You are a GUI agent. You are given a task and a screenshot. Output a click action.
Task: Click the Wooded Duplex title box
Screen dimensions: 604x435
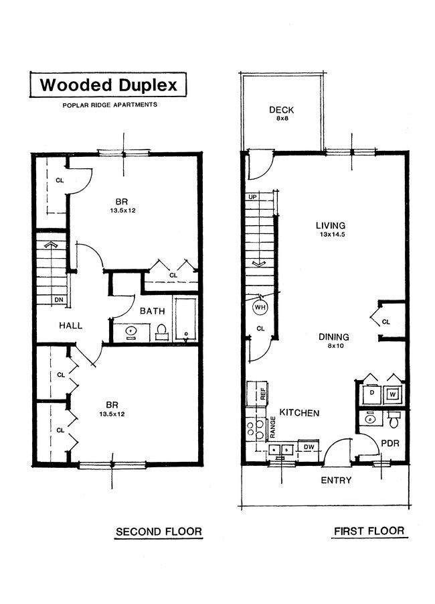[108, 86]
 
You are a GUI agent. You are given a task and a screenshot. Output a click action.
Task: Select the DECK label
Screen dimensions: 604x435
[282, 111]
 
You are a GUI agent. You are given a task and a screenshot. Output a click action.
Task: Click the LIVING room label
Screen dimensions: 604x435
[331, 225]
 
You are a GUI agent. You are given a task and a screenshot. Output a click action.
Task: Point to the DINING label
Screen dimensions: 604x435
[334, 337]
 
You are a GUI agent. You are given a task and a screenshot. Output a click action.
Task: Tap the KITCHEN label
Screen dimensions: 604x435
[299, 413]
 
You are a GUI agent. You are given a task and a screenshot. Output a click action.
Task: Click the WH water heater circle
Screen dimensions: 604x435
[259, 308]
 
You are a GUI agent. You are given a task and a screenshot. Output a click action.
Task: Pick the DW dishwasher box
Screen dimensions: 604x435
[310, 447]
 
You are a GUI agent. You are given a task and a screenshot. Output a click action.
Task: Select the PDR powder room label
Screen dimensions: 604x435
[389, 443]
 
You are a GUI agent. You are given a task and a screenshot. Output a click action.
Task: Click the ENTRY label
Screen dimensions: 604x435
[336, 481]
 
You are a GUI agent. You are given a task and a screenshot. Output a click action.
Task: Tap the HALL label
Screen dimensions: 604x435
[70, 326]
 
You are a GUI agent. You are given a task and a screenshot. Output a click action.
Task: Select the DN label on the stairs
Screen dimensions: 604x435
[59, 299]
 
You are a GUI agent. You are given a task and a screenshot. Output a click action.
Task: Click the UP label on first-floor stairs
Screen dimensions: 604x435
[253, 197]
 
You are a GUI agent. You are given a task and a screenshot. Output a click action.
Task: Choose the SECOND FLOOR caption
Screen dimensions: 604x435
[159, 532]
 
